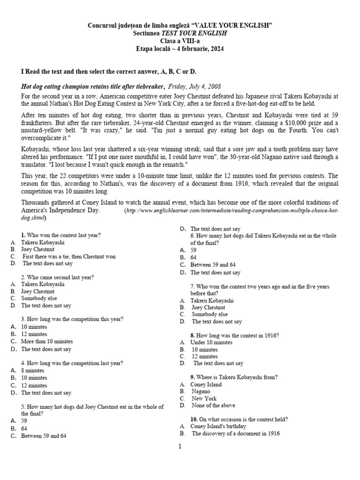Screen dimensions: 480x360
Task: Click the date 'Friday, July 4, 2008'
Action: coord(194,87)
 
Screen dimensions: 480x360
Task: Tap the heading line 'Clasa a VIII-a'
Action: coord(180,41)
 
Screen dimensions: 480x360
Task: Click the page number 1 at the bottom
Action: coord(179,446)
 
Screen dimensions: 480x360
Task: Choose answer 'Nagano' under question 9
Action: coord(201,391)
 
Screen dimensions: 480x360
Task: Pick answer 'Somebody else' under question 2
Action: coord(39,298)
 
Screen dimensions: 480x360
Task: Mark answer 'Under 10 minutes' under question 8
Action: coord(211,343)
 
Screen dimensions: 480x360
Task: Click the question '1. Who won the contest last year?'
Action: coord(60,235)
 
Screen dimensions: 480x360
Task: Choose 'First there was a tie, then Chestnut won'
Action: coord(69,256)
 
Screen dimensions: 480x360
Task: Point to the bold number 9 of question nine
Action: coord(192,377)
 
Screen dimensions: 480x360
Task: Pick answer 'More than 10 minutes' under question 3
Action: coord(47,342)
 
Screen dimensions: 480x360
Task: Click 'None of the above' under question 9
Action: coord(213,405)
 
